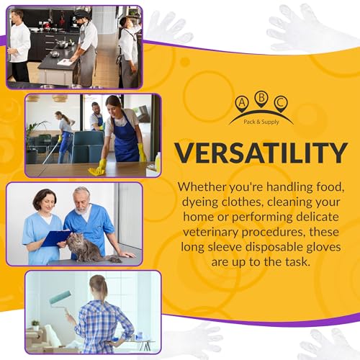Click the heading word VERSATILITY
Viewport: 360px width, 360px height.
(x=261, y=153)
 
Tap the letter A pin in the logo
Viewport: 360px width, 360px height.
(x=242, y=104)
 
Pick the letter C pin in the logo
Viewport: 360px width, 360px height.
(x=281, y=104)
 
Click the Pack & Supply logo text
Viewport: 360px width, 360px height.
(x=261, y=122)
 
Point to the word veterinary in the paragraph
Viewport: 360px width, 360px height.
(x=210, y=233)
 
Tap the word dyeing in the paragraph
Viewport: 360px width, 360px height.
(x=199, y=202)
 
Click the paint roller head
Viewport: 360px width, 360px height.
(x=60, y=297)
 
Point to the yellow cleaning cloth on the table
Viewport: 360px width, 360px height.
(x=96, y=171)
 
